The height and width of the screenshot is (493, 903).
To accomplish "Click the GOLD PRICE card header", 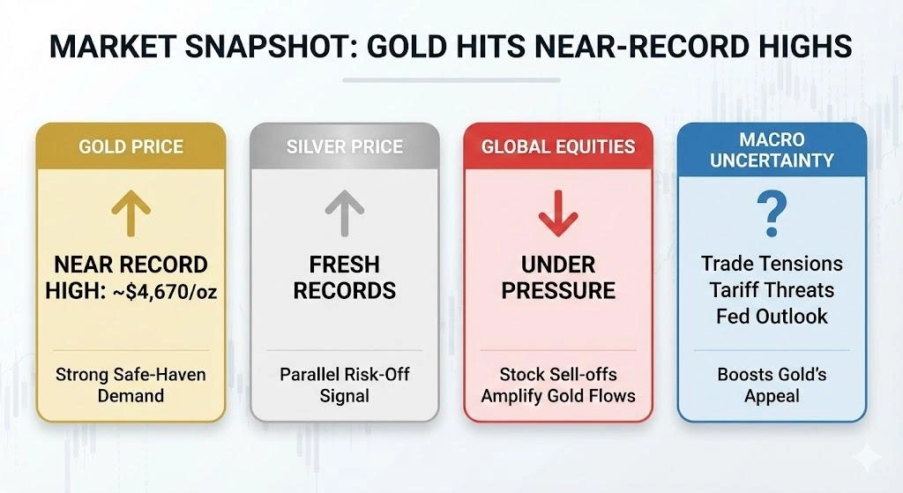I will [131, 146].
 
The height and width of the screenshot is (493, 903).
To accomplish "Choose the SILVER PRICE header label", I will [345, 146].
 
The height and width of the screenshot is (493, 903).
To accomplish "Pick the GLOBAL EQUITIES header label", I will [558, 146].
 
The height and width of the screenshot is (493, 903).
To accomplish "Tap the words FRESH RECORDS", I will [345, 277].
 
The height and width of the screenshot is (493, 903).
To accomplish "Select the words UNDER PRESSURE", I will [558, 277].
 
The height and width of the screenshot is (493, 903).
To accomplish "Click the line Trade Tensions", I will [772, 264].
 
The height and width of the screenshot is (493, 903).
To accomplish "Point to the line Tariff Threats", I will [772, 290].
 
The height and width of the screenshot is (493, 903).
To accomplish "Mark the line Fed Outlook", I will [772, 316].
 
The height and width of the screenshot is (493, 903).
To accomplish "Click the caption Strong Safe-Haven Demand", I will [131, 385].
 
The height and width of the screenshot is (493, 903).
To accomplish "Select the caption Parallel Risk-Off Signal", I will [345, 385].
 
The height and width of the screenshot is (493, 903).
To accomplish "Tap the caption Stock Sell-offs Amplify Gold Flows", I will [558, 385].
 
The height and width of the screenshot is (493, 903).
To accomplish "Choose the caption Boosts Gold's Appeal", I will [772, 385].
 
